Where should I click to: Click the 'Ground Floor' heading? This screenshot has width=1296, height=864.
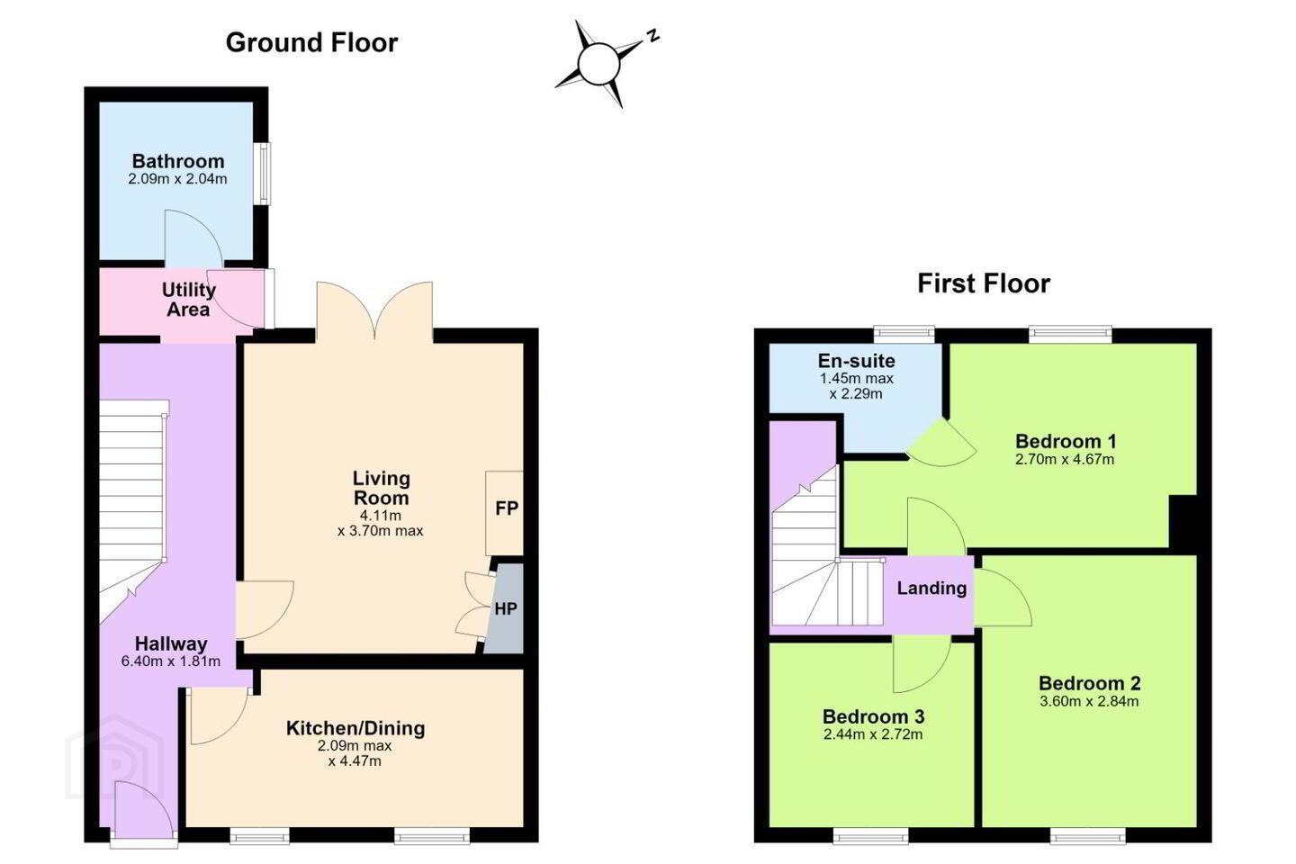311,43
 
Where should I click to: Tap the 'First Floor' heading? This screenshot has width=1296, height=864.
984,283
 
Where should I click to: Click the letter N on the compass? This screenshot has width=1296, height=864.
653,36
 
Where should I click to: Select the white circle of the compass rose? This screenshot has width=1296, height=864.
598,63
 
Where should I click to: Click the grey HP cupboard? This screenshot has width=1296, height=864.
504,608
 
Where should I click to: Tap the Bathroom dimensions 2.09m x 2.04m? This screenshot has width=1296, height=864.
177,179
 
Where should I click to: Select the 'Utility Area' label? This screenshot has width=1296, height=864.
189,299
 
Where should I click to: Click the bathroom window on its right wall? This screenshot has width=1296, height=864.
264,174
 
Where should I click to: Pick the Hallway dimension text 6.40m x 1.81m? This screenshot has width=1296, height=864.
171,661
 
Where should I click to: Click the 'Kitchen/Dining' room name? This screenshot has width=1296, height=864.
355,728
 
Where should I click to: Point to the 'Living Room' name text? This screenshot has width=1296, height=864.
382,488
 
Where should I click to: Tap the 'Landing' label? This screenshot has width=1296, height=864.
931,588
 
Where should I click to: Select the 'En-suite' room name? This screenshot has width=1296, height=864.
856,361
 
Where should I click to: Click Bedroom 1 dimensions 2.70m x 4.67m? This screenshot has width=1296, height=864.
1065,460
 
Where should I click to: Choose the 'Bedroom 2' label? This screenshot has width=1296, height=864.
1089,683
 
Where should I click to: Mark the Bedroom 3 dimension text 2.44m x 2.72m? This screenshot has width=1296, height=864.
873,734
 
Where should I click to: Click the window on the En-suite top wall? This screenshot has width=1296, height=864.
904,333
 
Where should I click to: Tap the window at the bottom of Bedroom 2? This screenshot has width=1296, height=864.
1088,835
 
